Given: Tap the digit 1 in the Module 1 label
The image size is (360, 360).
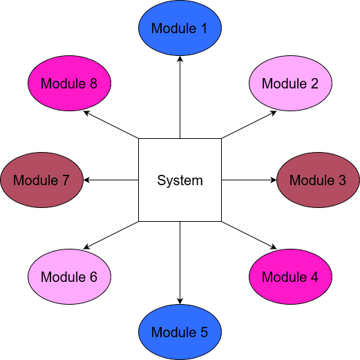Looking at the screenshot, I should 203,28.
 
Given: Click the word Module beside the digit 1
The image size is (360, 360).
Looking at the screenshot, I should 173,28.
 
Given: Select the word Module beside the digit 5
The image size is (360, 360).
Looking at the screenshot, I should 173,332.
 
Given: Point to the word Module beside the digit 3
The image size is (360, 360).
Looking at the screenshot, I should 312,180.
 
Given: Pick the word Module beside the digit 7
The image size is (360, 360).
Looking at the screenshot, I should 35,180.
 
